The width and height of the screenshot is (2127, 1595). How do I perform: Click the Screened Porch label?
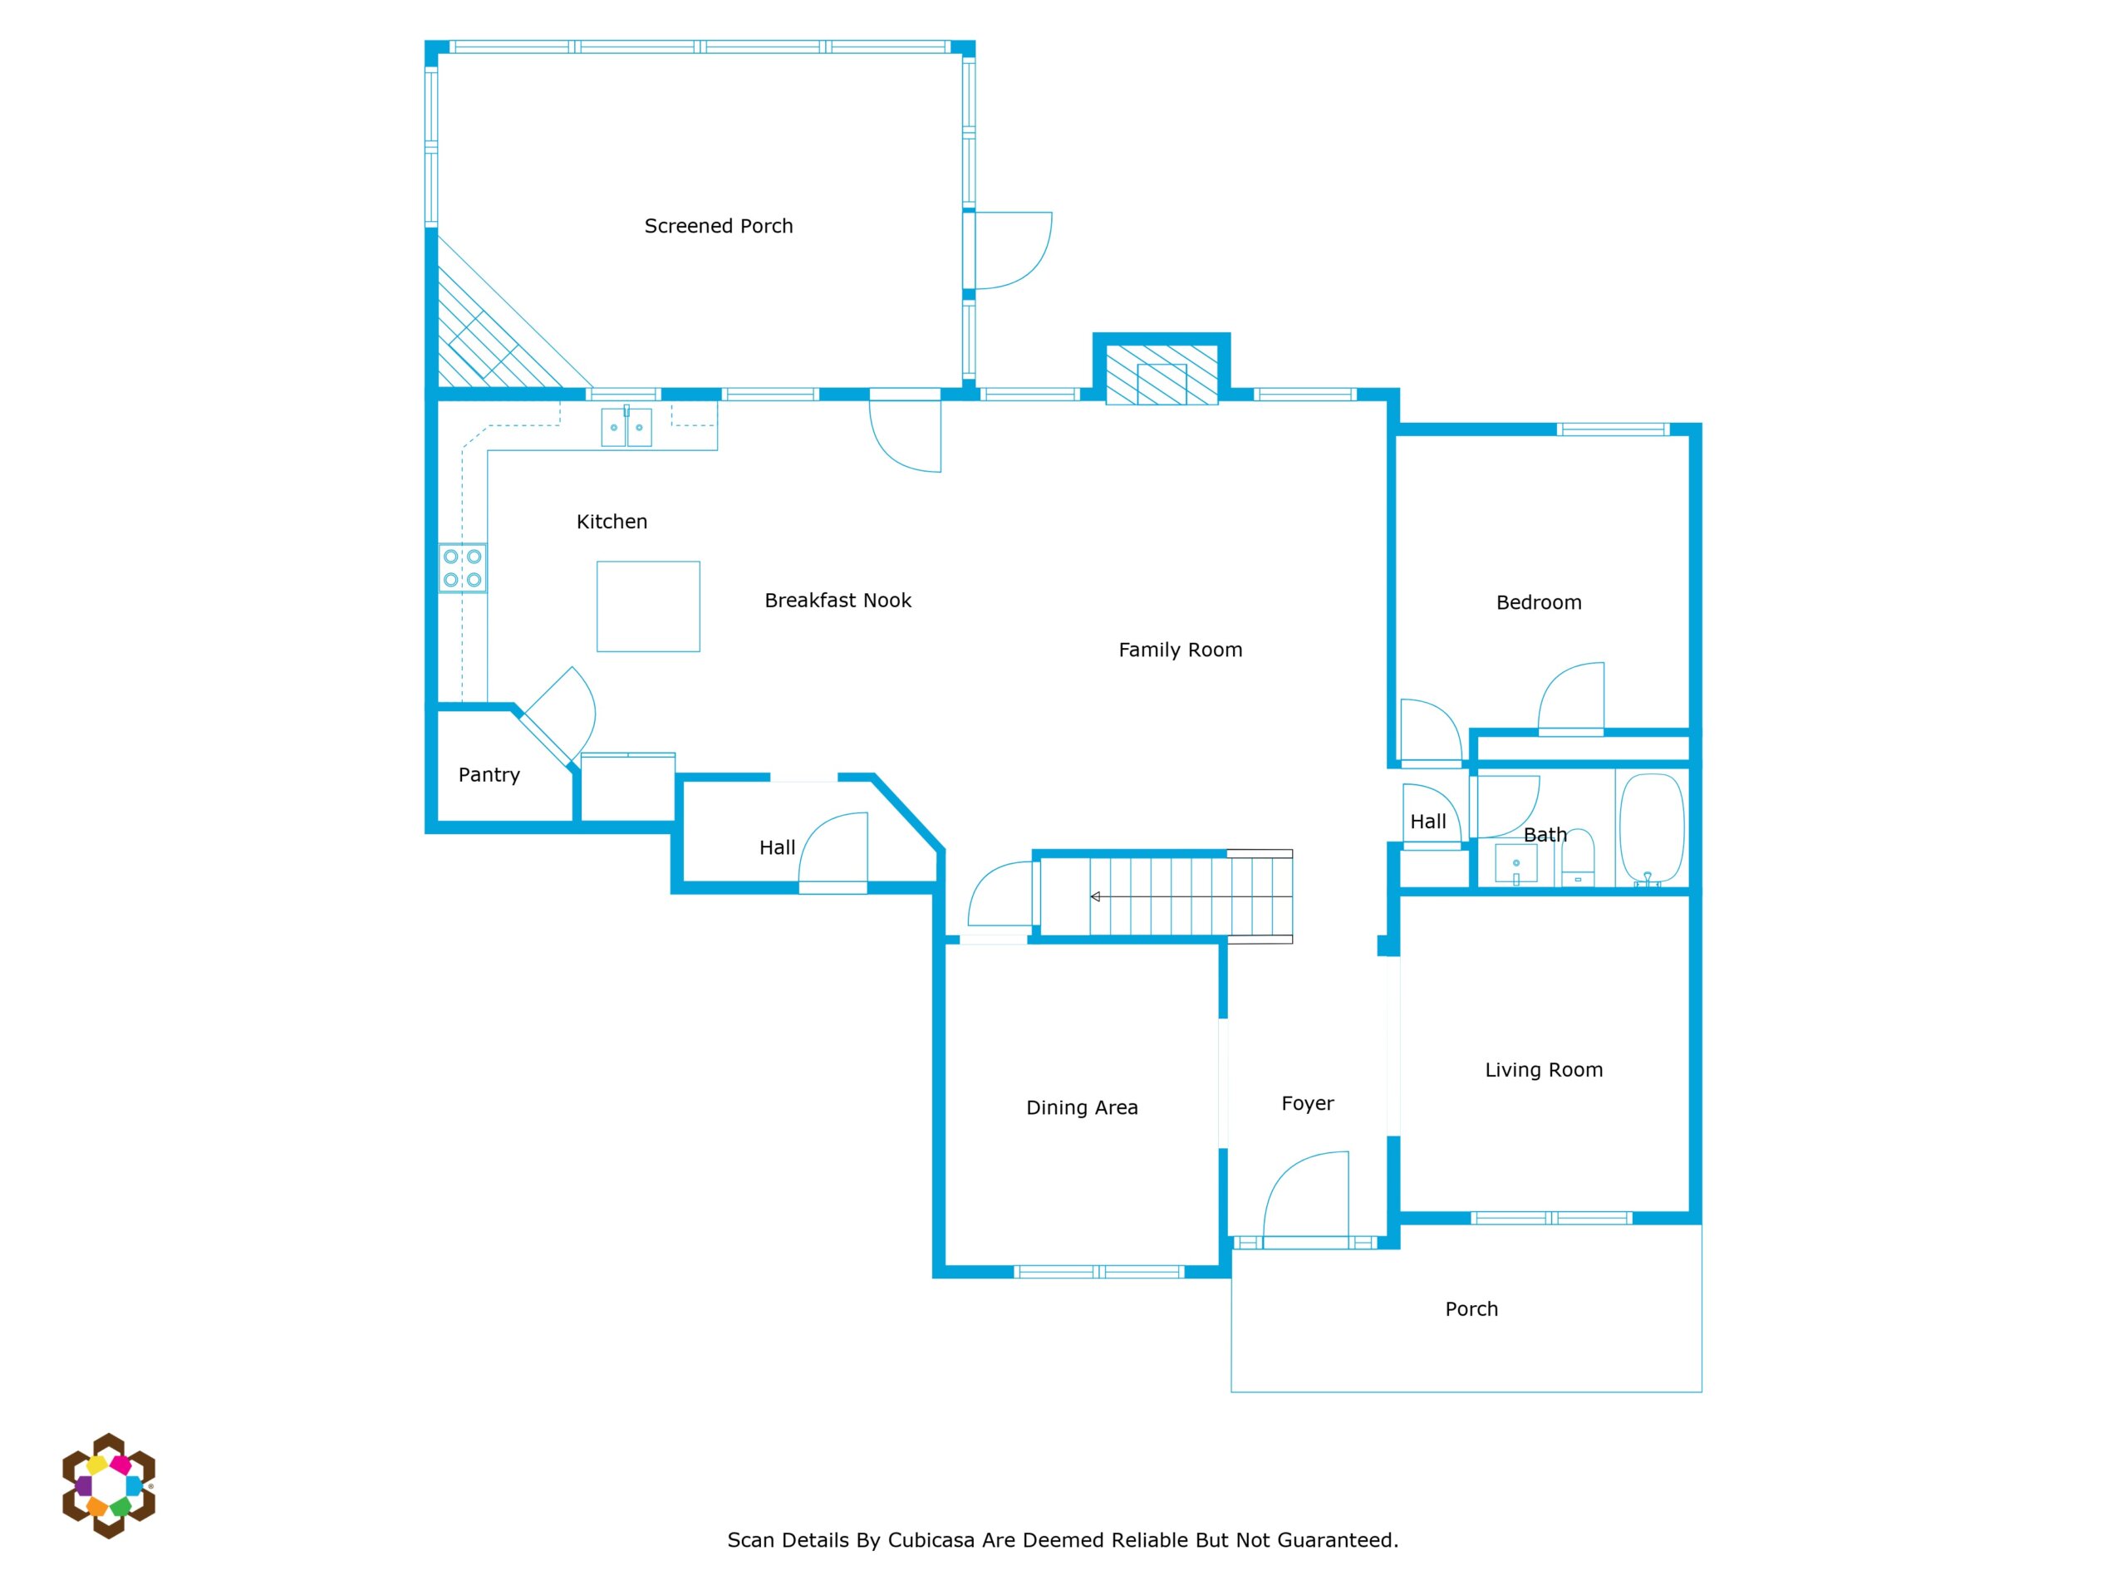(719, 226)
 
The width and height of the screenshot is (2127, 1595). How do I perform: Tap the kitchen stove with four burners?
(463, 568)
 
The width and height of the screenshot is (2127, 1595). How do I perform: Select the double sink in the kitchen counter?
(626, 427)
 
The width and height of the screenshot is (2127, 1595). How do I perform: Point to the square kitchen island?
(648, 606)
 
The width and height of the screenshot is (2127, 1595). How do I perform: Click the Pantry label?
(489, 775)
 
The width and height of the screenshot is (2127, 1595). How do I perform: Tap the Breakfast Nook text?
(838, 601)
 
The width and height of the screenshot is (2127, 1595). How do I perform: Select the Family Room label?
(1180, 650)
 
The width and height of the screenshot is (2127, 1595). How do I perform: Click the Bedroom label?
(1539, 603)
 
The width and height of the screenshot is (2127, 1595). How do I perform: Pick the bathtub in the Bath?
(1652, 829)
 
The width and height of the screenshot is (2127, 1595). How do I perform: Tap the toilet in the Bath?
(1577, 858)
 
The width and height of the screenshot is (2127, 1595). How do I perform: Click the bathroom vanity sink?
(1515, 864)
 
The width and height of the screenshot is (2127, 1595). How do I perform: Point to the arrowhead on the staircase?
(1095, 897)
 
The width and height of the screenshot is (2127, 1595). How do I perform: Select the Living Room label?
(1544, 1070)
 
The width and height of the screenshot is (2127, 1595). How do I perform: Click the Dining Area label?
(1082, 1107)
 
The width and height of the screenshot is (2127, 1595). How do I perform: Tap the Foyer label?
(1308, 1104)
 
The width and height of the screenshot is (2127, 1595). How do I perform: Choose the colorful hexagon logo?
(109, 1486)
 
